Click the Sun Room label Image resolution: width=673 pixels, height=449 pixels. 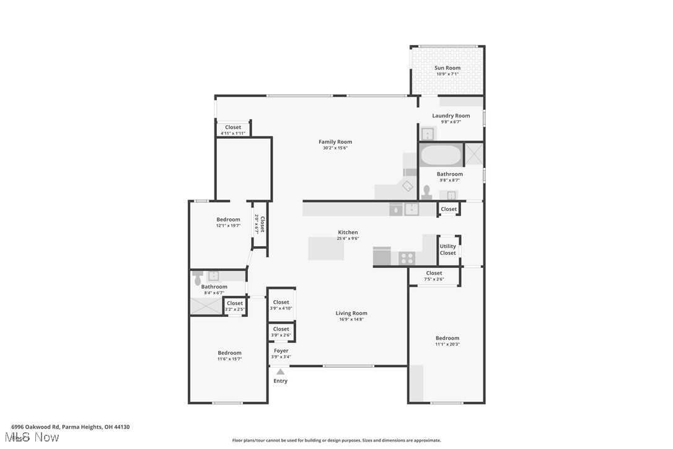pyautogui.click(x=447, y=68)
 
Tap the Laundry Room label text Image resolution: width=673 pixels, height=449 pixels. pyautogui.click(x=451, y=116)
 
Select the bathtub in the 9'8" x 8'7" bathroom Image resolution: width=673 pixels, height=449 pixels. pyautogui.click(x=440, y=155)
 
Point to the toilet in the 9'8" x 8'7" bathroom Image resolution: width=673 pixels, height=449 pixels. pyautogui.click(x=426, y=192)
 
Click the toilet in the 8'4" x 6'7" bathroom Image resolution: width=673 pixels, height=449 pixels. pyautogui.click(x=198, y=277)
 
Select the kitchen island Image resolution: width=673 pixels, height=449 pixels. pyautogui.click(x=326, y=249)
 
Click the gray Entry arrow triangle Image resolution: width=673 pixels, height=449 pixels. pyautogui.click(x=281, y=371)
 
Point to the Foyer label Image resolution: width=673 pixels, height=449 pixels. pyautogui.click(x=281, y=351)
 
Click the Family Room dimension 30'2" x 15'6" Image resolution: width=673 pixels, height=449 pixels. pyautogui.click(x=335, y=148)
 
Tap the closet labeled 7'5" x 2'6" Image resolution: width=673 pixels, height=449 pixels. pyautogui.click(x=434, y=276)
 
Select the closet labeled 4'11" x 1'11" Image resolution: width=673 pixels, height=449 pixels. pyautogui.click(x=233, y=130)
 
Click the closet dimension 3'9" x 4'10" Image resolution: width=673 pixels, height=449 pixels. pyautogui.click(x=281, y=308)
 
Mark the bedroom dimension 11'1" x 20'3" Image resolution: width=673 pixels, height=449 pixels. pyautogui.click(x=447, y=344)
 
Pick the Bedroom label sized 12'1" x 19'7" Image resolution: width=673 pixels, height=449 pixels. pyautogui.click(x=228, y=220)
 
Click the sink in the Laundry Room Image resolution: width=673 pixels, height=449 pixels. pyautogui.click(x=428, y=134)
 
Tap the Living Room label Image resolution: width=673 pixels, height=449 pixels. pyautogui.click(x=351, y=314)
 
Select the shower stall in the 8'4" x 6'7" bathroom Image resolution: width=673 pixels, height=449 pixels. pyautogui.click(x=206, y=306)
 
